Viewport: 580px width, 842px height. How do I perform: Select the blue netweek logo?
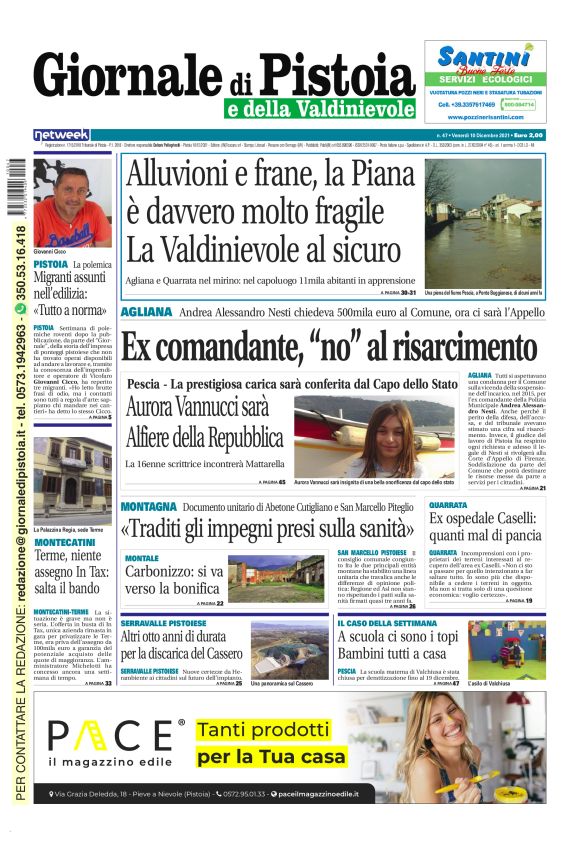tap(61, 134)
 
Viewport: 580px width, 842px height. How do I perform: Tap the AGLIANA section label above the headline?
tap(147, 312)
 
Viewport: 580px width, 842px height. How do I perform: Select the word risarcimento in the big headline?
tap(426, 347)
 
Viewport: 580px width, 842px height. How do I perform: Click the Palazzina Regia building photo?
tap(72, 480)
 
